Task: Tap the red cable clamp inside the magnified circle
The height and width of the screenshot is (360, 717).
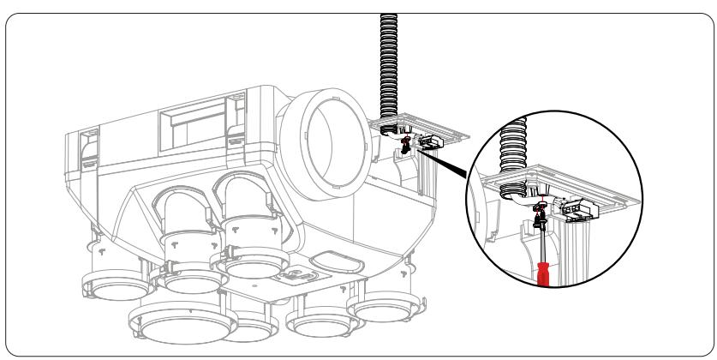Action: tap(540, 208)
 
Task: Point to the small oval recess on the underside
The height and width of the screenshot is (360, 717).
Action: tap(326, 261)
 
